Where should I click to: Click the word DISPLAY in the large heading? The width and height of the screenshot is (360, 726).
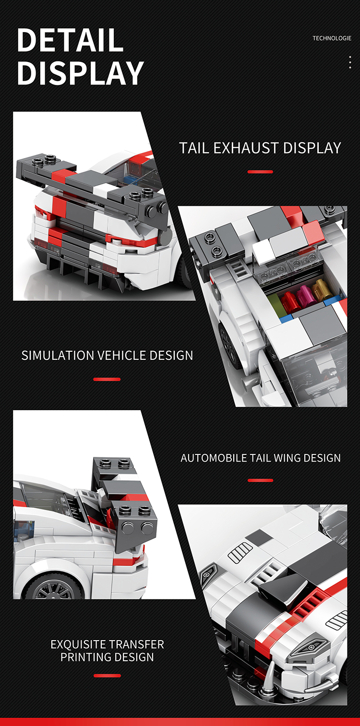(80, 73)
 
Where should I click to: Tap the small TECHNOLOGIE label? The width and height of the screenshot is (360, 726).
(332, 38)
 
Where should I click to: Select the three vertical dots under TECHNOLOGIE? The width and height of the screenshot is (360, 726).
(350, 62)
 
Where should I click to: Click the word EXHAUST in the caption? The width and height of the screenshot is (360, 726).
(246, 148)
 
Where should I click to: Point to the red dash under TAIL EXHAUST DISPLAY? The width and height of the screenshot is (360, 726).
(260, 172)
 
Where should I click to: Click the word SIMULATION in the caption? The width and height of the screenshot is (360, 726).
(58, 356)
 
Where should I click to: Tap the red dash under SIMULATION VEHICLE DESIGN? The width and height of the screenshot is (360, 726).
(107, 379)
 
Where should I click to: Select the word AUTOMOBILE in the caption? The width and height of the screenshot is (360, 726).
(214, 458)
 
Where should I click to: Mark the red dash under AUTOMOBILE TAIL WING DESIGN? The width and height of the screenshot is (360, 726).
(260, 480)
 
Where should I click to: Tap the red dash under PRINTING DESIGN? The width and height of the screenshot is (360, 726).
(107, 676)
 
